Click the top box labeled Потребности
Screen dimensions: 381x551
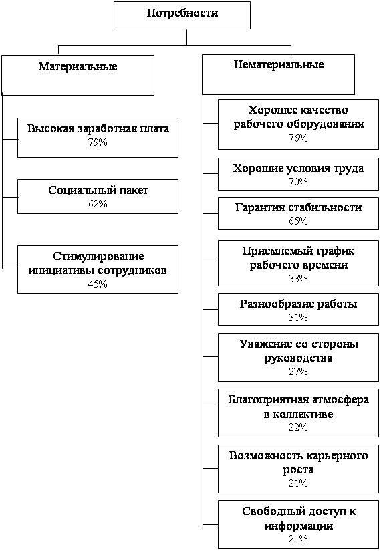[x=182, y=15]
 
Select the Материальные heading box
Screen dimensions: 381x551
[x=78, y=75]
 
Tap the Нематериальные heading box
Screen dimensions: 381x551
[x=279, y=74]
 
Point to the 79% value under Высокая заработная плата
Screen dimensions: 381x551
[x=98, y=142]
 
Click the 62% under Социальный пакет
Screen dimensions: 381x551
[x=98, y=204]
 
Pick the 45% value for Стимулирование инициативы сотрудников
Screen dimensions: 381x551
[x=98, y=284]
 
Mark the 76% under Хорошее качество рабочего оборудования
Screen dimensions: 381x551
[x=298, y=138]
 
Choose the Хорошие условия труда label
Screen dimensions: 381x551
[x=298, y=169]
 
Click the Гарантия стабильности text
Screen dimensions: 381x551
[x=298, y=207]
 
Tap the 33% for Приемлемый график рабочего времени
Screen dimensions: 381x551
[x=298, y=278]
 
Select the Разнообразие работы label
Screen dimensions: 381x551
[x=298, y=304]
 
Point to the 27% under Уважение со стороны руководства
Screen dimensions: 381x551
[x=298, y=371]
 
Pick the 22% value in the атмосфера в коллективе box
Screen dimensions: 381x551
[x=298, y=427]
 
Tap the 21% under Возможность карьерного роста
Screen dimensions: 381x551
[x=298, y=483]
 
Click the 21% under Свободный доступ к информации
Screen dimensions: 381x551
[x=298, y=539]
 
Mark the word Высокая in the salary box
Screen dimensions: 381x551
[x=51, y=128]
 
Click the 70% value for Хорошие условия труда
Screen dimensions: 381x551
[x=298, y=181]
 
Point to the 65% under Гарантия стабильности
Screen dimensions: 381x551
[x=298, y=221]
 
